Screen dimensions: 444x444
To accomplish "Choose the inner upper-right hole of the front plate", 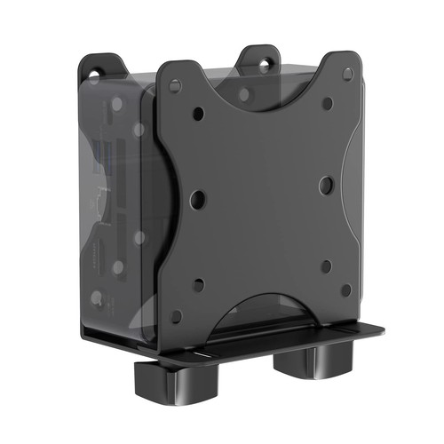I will tap(328, 104).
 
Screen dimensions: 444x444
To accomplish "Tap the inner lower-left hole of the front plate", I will tap(198, 285).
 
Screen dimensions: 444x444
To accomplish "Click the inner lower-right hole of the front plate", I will tap(326, 266).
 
